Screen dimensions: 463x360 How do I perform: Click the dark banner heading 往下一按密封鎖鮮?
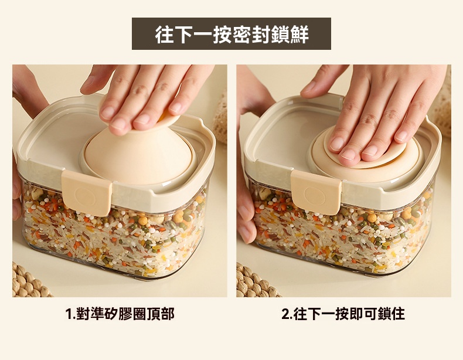click(x=231, y=34)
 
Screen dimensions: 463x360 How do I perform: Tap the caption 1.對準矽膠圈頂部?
click(x=120, y=314)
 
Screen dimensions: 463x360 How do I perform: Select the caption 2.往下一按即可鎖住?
click(x=343, y=314)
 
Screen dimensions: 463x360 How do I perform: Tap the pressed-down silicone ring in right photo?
click(x=366, y=157)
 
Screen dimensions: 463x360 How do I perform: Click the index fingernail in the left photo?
click(x=118, y=124)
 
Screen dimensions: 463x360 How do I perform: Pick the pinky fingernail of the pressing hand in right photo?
click(x=403, y=135)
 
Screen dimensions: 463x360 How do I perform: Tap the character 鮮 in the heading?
click(x=299, y=35)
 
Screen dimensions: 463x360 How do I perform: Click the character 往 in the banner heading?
click(x=165, y=35)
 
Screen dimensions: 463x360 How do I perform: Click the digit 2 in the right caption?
click(x=285, y=314)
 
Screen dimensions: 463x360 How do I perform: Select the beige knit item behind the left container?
click(x=220, y=118)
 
